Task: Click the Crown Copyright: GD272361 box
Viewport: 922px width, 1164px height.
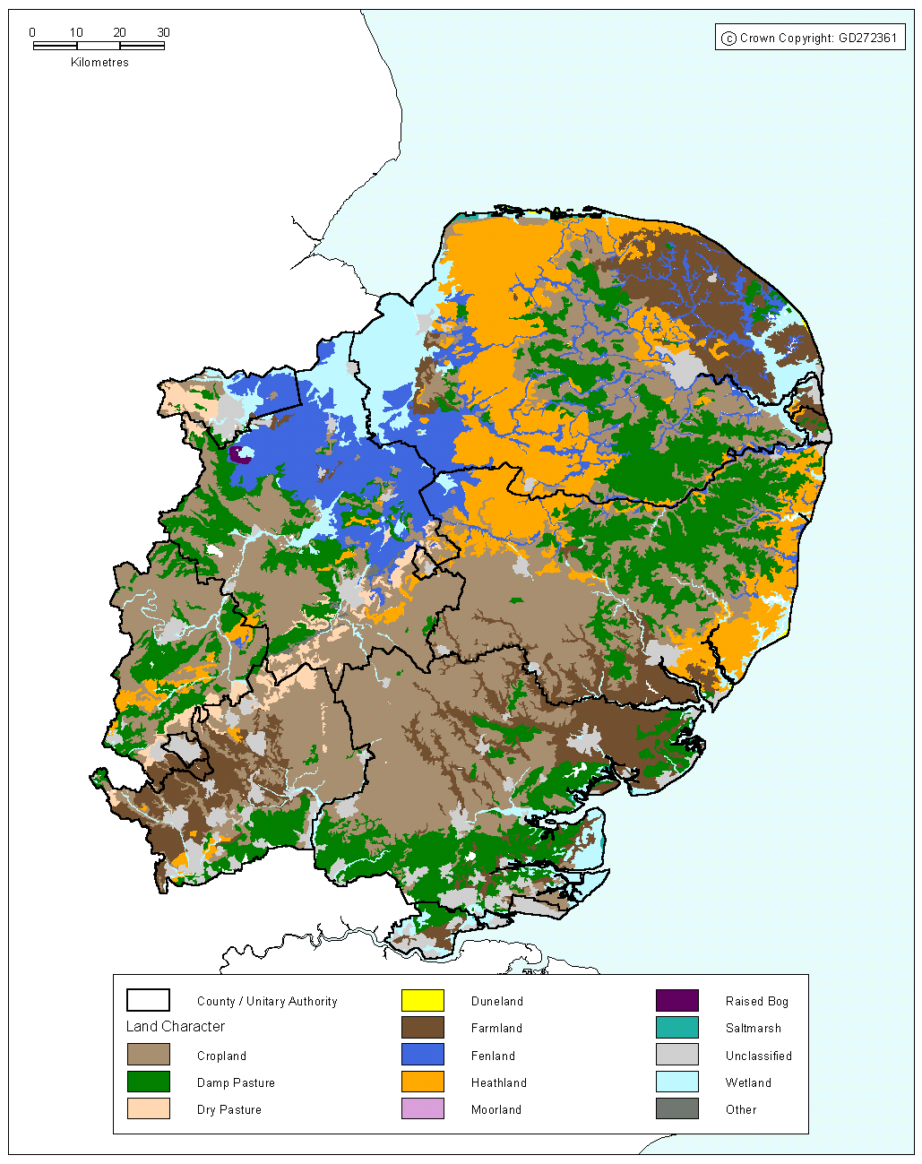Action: (810, 38)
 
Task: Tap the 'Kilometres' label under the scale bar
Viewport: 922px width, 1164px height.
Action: (99, 63)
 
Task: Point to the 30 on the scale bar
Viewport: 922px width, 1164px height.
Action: (163, 32)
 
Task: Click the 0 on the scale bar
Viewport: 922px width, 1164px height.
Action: (33, 32)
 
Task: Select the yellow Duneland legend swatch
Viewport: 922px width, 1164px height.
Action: (422, 1001)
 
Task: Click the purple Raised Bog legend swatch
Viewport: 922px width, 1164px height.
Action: (676, 1001)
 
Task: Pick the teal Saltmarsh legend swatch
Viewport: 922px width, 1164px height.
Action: (676, 1028)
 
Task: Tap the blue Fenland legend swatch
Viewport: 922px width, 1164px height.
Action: (422, 1055)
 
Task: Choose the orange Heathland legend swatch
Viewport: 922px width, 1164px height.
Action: (422, 1082)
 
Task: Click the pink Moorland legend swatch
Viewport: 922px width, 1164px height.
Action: (422, 1108)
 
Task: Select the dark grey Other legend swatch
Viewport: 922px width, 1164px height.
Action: (676, 1108)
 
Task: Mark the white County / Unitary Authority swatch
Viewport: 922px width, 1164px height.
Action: (148, 1000)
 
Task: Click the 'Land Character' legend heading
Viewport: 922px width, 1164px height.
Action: (176, 1027)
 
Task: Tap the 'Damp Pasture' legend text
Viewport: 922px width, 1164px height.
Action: (236, 1082)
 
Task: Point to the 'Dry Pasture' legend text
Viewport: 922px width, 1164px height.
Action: (229, 1109)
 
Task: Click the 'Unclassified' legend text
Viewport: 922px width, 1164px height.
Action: (759, 1056)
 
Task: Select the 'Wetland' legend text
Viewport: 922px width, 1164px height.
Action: (748, 1082)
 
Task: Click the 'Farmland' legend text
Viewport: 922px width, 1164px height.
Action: (496, 1029)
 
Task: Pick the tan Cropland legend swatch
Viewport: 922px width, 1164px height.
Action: (148, 1055)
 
